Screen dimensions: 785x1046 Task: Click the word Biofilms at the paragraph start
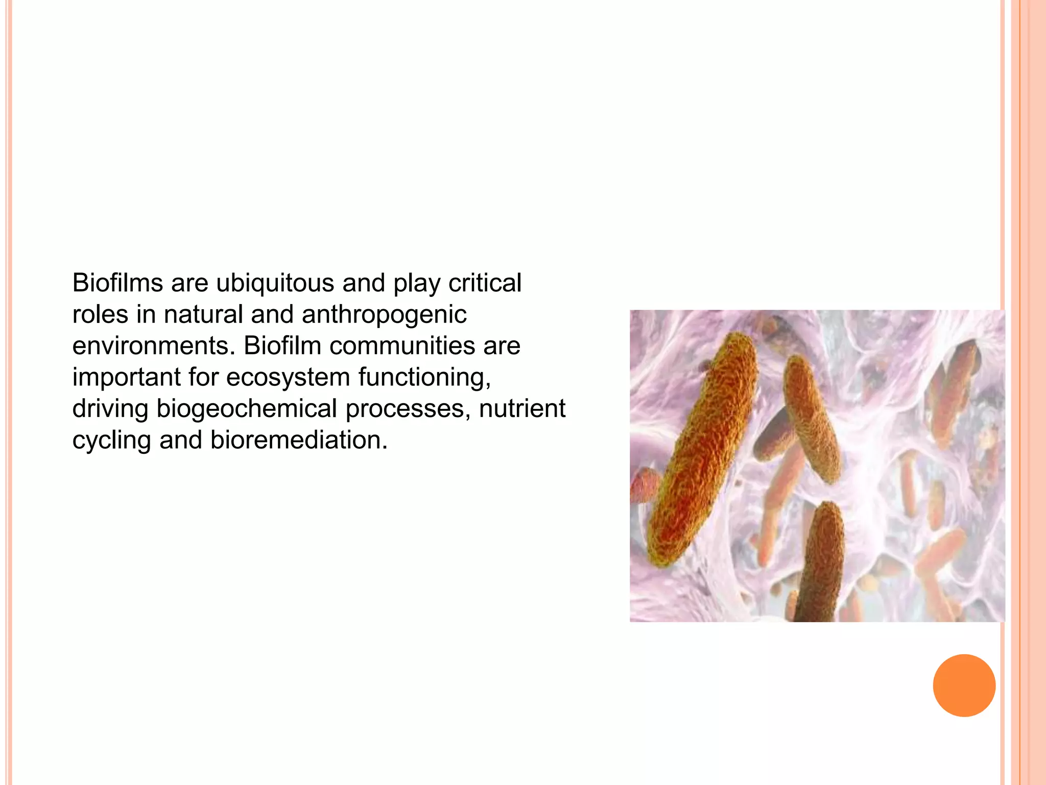[117, 283]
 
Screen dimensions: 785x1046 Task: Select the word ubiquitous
[275, 283]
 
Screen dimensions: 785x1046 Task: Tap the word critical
[485, 283]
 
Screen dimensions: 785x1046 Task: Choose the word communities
[402, 346]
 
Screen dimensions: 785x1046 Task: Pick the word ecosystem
[288, 378]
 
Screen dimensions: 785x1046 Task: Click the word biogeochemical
[246, 409]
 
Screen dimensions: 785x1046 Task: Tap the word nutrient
[522, 409]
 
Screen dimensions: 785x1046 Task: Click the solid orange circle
[964, 685]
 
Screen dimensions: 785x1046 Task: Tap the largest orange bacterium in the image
[700, 450]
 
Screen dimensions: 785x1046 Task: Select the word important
[126, 378]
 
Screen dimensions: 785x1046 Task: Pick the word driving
[110, 409]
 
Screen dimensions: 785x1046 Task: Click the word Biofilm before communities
[282, 346]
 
